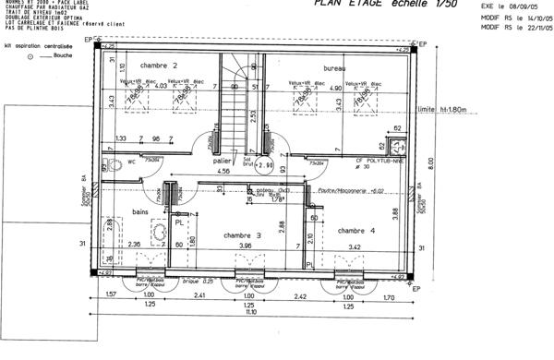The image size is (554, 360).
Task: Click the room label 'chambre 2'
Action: click(159, 66)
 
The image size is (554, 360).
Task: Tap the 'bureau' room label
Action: click(336, 68)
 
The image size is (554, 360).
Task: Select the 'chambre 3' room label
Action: click(243, 235)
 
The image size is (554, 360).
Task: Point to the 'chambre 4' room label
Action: click(355, 230)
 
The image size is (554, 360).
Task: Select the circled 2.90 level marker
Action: click(266, 166)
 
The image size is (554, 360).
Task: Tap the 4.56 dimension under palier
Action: click(223, 172)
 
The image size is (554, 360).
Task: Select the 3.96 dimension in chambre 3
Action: click(246, 246)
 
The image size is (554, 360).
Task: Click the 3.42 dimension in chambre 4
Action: click(355, 246)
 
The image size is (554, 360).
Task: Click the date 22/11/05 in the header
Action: click(533, 27)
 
